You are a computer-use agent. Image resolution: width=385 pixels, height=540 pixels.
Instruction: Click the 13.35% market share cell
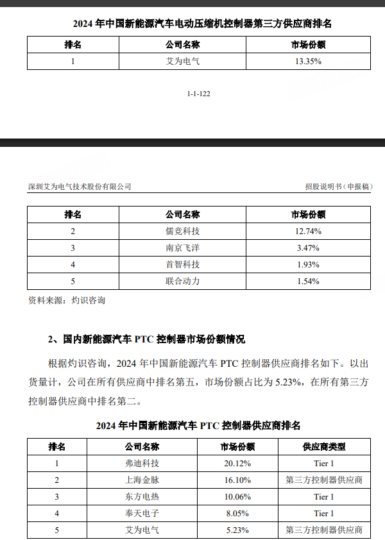[x=308, y=62]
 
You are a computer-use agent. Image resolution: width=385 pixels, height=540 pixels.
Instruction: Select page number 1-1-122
[x=199, y=94]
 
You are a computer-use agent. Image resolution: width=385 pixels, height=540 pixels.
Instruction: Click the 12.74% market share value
[x=308, y=231]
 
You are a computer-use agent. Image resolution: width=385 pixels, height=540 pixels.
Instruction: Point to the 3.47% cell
[x=308, y=248]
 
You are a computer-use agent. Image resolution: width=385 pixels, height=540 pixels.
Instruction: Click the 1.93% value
[x=308, y=264]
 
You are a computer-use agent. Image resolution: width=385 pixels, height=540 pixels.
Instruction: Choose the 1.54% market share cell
[x=308, y=281]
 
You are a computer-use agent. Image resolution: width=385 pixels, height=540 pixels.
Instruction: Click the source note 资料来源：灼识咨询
[x=67, y=300]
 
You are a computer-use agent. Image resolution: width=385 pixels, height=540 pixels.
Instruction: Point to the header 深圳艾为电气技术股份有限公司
[x=80, y=187]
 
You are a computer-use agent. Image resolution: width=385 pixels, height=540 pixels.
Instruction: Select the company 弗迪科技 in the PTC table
[x=142, y=463]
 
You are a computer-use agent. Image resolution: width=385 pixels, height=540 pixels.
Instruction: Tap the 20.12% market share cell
[x=237, y=463]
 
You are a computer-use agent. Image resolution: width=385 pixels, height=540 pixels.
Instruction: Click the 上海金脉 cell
[x=142, y=480]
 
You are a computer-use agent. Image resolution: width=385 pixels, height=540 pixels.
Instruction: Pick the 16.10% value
[x=237, y=480]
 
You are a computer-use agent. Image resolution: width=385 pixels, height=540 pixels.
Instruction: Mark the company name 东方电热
[x=142, y=496]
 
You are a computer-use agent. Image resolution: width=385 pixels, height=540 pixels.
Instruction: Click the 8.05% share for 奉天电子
[x=237, y=513]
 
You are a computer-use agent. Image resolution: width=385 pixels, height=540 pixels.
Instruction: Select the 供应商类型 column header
[x=324, y=446]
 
